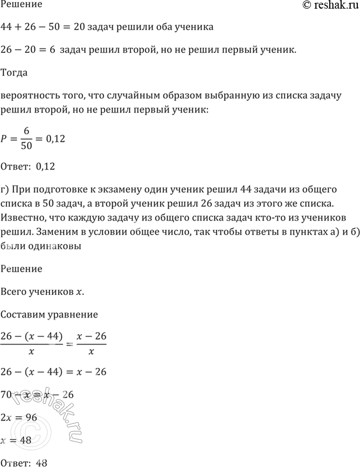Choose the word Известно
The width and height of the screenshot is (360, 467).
(x=23, y=216)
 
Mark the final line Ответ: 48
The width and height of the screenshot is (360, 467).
(x=26, y=462)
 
